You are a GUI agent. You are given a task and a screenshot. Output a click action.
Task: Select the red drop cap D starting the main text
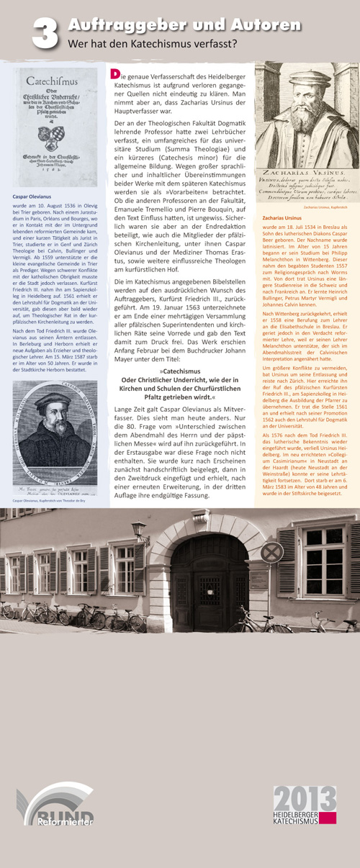coord(114,73)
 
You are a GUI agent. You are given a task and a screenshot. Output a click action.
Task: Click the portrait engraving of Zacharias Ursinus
coord(302,121)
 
